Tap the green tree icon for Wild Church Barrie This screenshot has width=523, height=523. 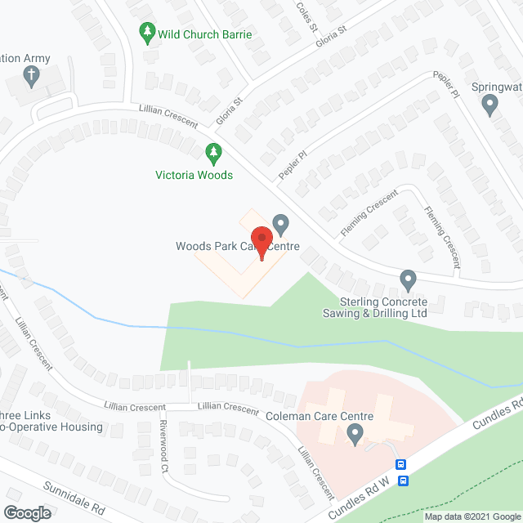[147, 34]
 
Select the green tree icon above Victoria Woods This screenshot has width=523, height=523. [212, 153]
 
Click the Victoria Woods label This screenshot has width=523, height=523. [194, 175]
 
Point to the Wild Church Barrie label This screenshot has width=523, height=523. [206, 35]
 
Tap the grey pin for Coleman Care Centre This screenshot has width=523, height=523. [355, 436]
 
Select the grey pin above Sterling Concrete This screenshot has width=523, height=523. [408, 281]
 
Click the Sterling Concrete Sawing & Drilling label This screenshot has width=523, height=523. [382, 307]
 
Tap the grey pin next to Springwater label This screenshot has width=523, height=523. [489, 104]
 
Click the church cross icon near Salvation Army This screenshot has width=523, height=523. [31, 78]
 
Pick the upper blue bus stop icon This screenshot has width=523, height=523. [401, 464]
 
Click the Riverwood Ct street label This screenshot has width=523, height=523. [163, 446]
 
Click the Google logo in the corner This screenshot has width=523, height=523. [26, 512]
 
